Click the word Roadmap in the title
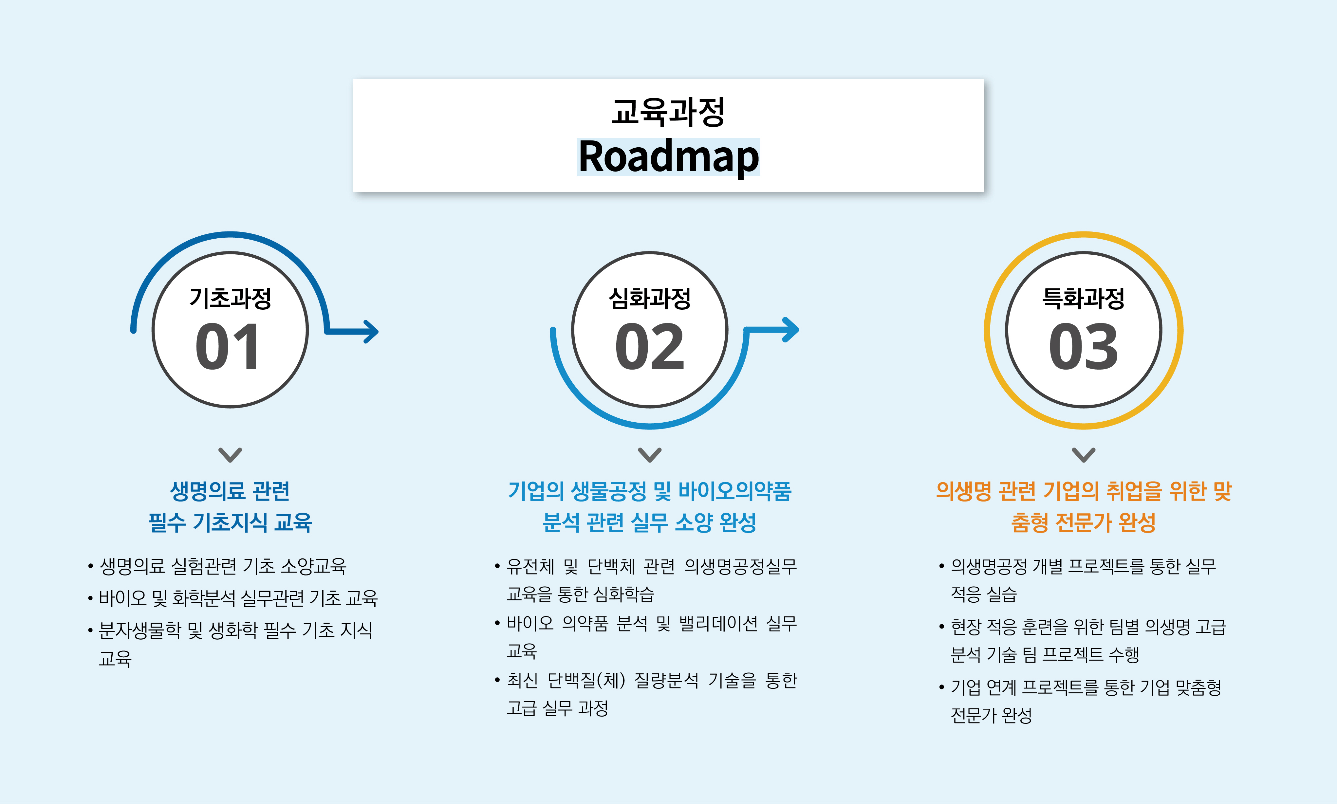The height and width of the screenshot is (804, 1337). [x=669, y=157]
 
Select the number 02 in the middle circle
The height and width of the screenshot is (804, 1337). [x=650, y=346]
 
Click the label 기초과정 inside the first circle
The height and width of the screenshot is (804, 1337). [x=230, y=298]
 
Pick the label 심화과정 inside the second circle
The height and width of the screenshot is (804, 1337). [x=650, y=298]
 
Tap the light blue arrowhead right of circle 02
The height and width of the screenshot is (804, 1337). [x=791, y=329]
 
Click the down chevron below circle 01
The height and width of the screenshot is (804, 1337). [x=230, y=455]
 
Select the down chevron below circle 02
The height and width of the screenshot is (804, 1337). [x=650, y=455]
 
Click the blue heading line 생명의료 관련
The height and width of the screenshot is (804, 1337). [x=230, y=491]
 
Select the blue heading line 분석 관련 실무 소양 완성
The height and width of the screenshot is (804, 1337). [x=650, y=522]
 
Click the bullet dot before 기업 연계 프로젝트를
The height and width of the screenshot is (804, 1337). [x=941, y=687]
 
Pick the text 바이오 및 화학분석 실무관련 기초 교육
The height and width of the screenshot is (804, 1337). [x=238, y=598]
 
